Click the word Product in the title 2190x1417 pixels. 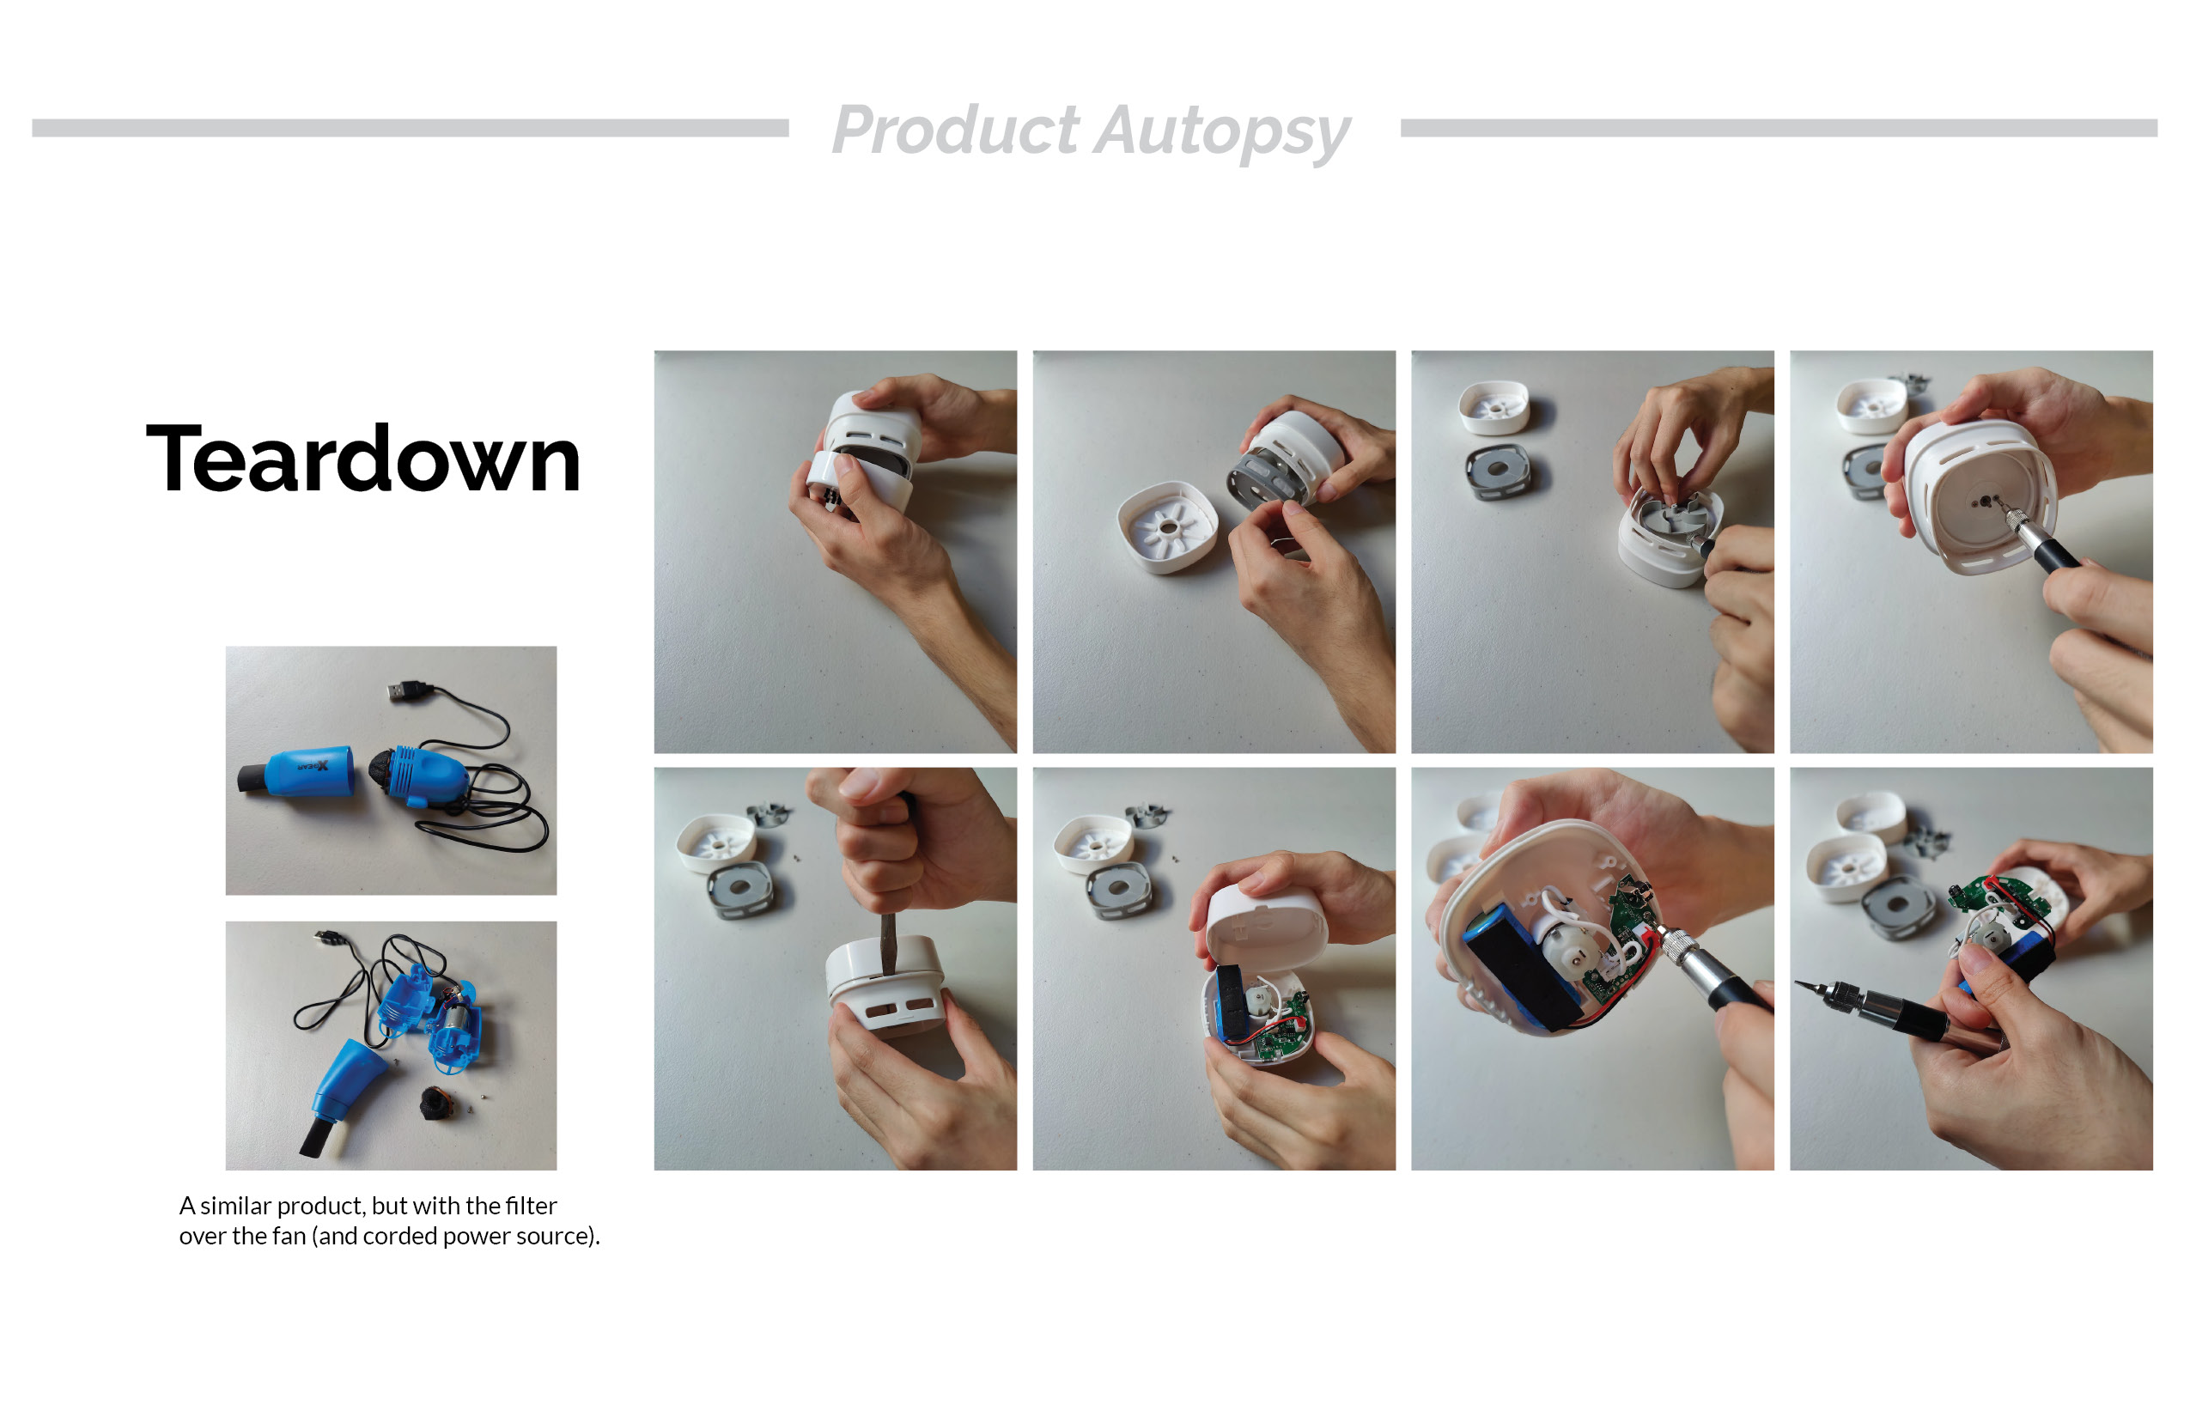tap(955, 130)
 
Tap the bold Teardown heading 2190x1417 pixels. tap(363, 459)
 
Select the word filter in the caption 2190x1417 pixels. tap(530, 1206)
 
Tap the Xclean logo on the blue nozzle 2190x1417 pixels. tap(313, 765)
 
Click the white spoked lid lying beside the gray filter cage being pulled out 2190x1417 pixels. tap(1167, 527)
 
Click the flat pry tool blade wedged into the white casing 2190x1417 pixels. tap(889, 943)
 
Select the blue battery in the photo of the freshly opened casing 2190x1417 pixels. tap(1228, 1003)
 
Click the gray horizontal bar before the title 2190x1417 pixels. tap(411, 128)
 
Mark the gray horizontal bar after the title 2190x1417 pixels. tap(1779, 128)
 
